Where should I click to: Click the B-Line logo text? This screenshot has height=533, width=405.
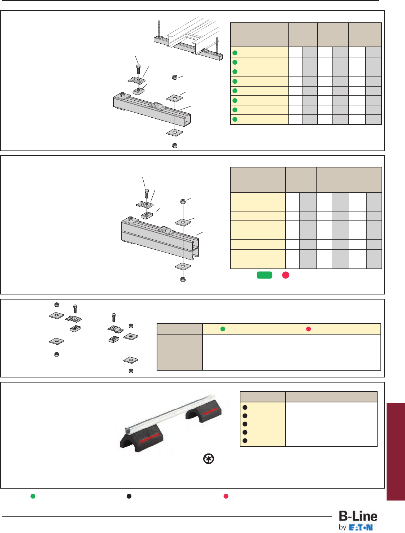(358, 516)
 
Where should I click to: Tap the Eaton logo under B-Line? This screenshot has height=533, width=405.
(361, 528)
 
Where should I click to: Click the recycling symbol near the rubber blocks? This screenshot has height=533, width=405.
(209, 459)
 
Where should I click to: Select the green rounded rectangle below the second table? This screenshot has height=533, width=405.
(264, 275)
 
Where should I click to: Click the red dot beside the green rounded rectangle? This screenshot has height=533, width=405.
(286, 275)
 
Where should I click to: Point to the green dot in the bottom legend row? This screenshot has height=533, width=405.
(33, 496)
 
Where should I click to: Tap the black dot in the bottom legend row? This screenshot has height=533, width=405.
(129, 496)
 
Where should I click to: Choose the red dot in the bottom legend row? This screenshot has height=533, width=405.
(226, 496)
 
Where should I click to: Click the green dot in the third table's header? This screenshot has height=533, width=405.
(223, 329)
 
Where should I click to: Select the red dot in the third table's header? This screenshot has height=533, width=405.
(308, 329)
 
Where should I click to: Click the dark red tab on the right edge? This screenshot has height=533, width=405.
(396, 451)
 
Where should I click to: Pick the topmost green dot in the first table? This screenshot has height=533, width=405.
(235, 53)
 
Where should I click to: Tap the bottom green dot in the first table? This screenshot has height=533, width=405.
(235, 119)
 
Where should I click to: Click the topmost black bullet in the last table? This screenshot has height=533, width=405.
(245, 407)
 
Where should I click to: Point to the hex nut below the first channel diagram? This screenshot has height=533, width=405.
(175, 145)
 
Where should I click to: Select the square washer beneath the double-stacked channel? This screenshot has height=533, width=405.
(183, 267)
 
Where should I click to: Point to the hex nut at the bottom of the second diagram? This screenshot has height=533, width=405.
(183, 279)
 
